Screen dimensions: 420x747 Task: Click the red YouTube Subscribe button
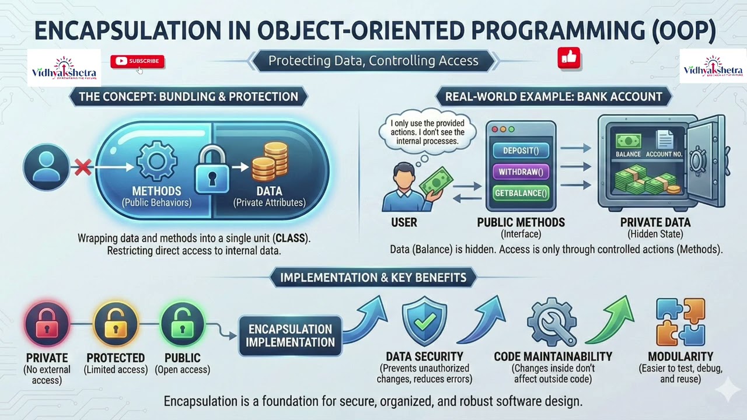pyautogui.click(x=137, y=61)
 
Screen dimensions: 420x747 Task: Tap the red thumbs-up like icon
pyautogui.click(x=568, y=58)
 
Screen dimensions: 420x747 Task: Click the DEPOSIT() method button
pyautogui.click(x=521, y=150)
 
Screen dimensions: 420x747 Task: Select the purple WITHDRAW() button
pyautogui.click(x=521, y=171)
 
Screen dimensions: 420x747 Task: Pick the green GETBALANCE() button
pyautogui.click(x=521, y=192)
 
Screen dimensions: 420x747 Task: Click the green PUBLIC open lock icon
pyautogui.click(x=183, y=324)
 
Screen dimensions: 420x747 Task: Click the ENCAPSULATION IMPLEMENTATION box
pyautogui.click(x=290, y=335)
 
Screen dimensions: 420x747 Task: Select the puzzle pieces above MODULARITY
pyautogui.click(x=680, y=322)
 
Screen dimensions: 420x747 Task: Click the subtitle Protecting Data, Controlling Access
pyautogui.click(x=373, y=61)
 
